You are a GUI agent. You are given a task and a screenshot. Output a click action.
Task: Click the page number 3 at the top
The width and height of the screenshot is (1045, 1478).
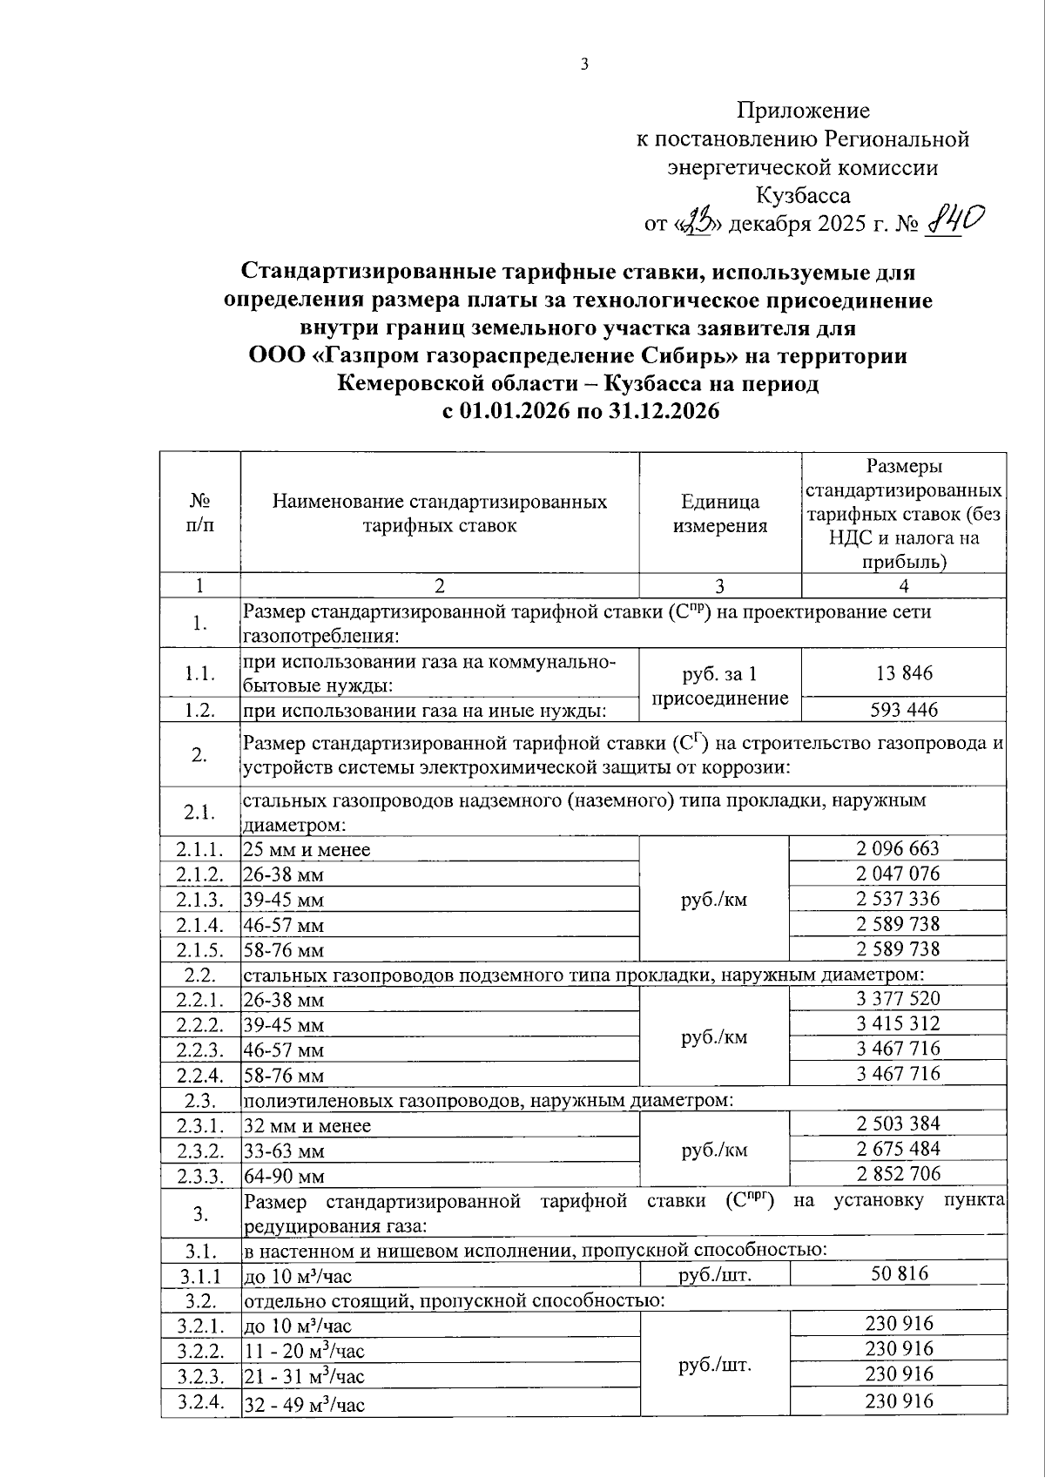pos(584,64)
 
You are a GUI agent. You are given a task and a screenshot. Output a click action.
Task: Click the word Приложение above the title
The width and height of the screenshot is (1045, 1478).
pos(803,111)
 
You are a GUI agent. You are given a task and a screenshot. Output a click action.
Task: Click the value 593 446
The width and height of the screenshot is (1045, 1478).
pos(903,710)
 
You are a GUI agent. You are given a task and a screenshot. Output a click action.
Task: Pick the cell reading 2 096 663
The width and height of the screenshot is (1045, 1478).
pos(898,848)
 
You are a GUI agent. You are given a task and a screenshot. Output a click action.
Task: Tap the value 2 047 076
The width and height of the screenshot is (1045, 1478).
pos(898,874)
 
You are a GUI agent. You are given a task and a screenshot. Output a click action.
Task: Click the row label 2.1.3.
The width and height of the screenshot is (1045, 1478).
pos(199,900)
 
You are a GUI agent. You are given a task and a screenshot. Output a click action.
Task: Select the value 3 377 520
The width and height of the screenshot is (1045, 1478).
pos(898,998)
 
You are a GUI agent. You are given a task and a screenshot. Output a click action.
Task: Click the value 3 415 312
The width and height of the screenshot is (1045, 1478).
pos(898,1023)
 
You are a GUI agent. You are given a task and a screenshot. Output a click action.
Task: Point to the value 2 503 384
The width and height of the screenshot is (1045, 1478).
pos(898,1124)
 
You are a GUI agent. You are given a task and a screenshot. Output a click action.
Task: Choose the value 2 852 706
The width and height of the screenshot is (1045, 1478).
pos(898,1174)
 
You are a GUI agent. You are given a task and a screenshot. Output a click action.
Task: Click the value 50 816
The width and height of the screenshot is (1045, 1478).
pos(900,1273)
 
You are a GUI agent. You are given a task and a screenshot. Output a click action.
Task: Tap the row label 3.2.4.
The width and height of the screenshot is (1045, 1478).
pos(199,1401)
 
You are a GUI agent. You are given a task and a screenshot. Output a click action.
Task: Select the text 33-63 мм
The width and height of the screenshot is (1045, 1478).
pos(284,1151)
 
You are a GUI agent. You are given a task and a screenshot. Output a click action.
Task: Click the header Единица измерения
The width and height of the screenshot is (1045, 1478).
pos(719,514)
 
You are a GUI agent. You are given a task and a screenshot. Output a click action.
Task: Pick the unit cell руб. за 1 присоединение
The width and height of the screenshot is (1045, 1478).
pos(719,685)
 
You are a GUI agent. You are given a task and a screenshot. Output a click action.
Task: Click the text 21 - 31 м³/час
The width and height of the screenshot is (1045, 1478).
pos(304,1377)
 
